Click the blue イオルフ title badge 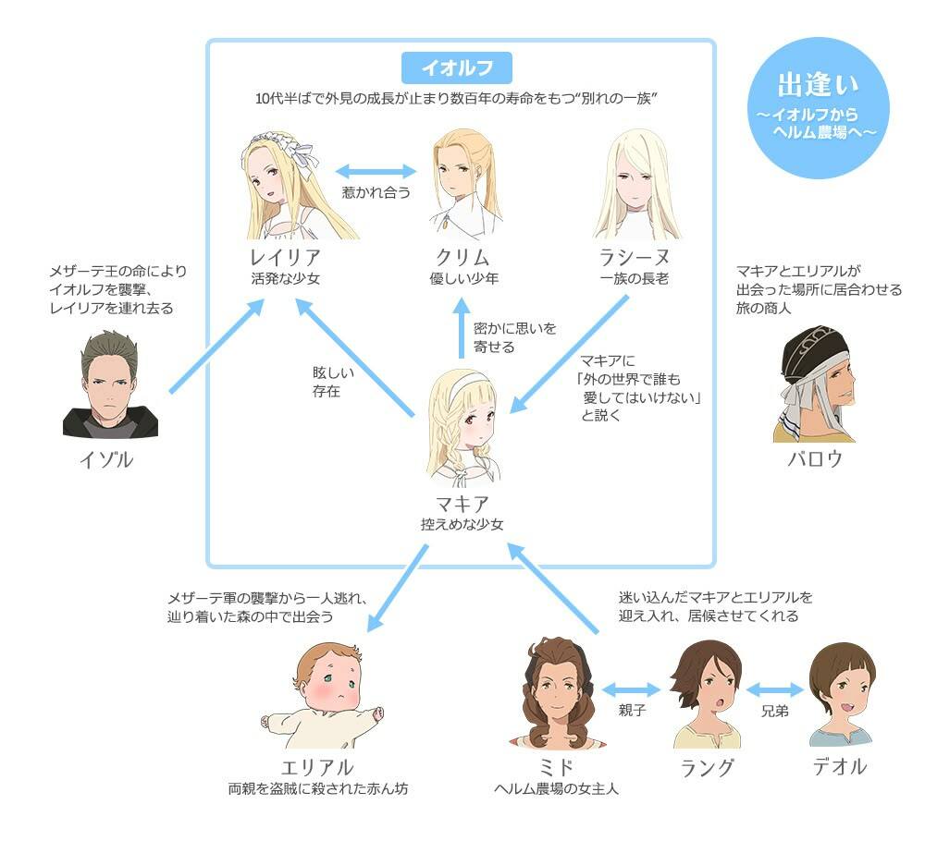[x=456, y=68]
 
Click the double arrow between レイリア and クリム [x=376, y=171]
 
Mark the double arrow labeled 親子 [x=629, y=689]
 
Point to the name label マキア [x=462, y=504]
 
